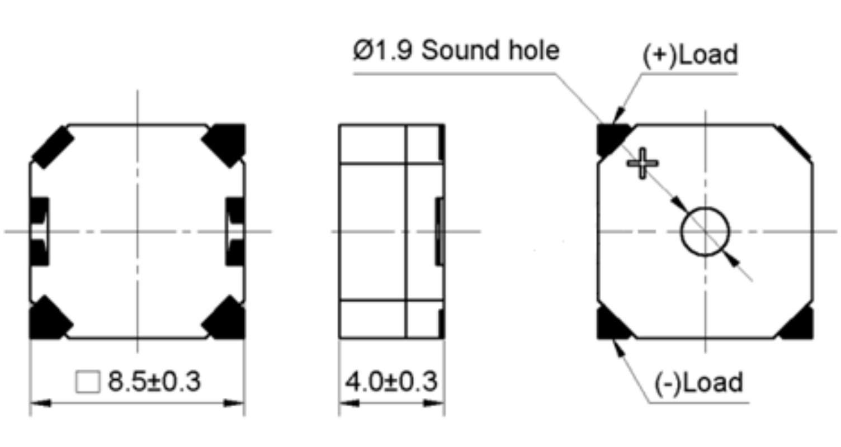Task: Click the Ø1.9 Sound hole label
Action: tap(456, 50)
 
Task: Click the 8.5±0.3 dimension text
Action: tap(154, 381)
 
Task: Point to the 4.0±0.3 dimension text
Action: tap(391, 381)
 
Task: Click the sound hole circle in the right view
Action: tap(705, 207)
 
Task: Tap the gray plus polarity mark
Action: tap(642, 163)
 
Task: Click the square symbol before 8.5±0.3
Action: tap(88, 382)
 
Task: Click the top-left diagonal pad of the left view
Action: tap(53, 148)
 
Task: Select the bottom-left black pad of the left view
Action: tap(48, 319)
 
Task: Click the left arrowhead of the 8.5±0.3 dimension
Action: tap(40, 403)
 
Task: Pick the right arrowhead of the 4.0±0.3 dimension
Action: tap(434, 403)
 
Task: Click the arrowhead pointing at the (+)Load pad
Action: tap(618, 115)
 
